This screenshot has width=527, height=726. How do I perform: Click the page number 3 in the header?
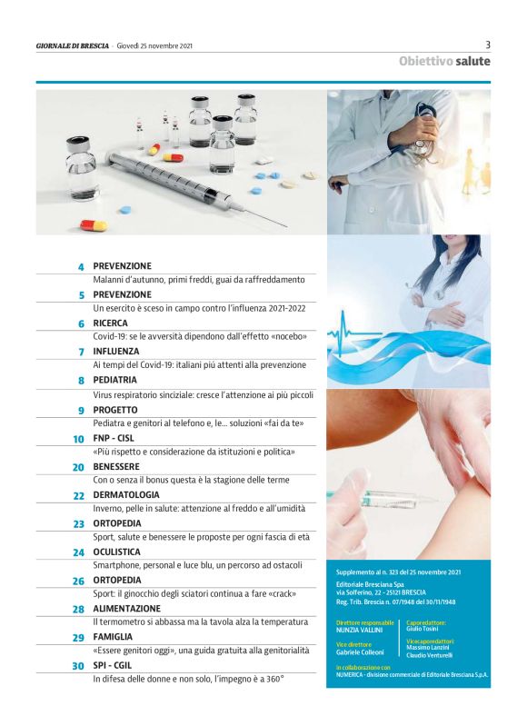(488, 45)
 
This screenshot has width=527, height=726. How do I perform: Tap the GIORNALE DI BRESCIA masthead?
(73, 45)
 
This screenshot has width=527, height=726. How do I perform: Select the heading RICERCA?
(110, 323)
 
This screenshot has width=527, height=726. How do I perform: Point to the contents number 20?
(78, 467)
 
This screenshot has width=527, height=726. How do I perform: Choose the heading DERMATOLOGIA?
(126, 495)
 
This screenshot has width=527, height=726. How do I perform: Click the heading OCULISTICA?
(116, 552)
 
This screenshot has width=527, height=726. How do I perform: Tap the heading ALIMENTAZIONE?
(126, 609)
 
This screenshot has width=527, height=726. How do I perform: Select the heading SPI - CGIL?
(112, 665)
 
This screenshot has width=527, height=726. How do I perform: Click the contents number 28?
(78, 610)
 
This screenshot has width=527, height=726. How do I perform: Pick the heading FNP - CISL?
(114, 438)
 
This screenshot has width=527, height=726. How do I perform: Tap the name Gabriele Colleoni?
(360, 652)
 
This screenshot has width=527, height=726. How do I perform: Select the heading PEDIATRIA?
(114, 380)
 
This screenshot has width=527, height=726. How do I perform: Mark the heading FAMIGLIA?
(113, 637)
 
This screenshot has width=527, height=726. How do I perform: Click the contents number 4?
(81, 267)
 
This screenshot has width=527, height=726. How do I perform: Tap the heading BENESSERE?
(116, 467)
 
